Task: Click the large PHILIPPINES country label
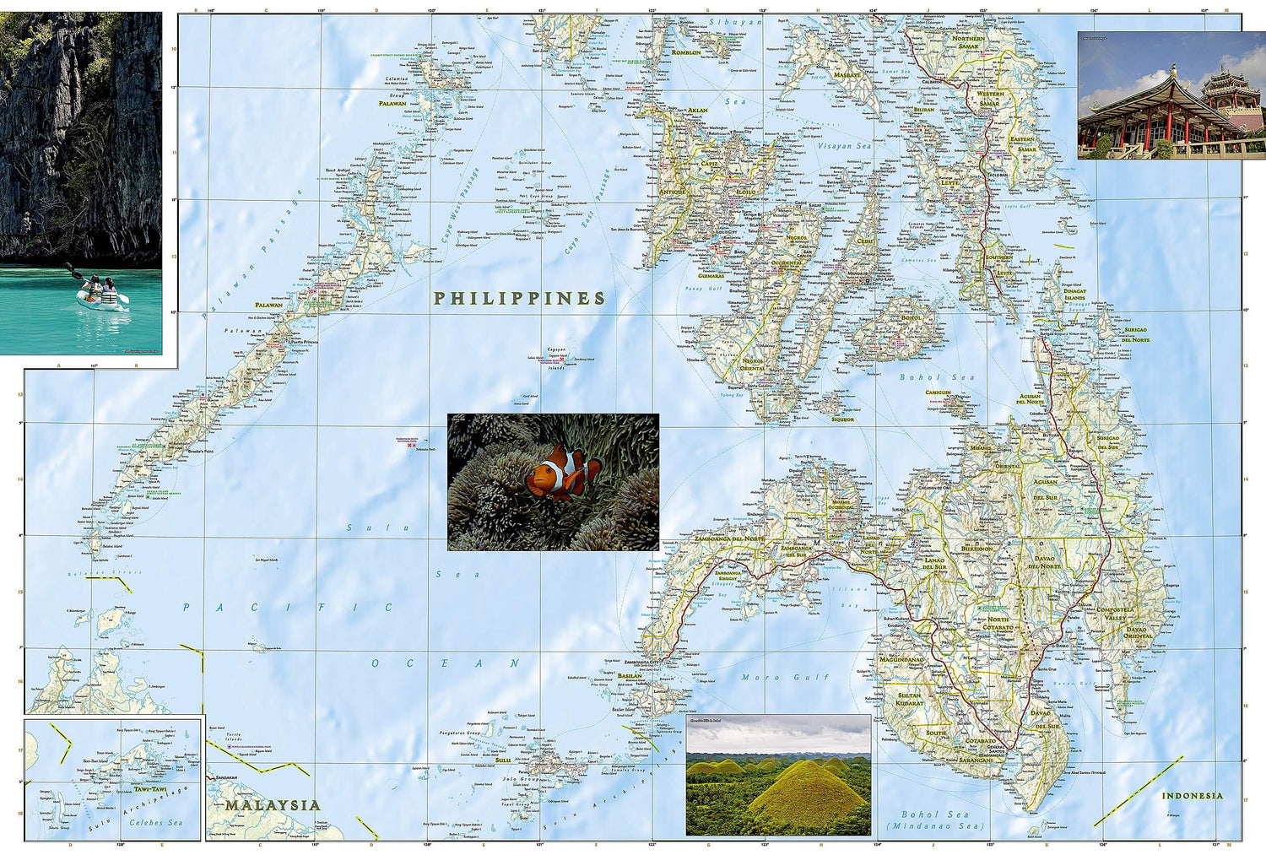coord(519,299)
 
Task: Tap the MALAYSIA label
coord(273,805)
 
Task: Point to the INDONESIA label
coord(1192,796)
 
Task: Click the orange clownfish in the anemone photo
coord(561,473)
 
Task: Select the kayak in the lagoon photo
coord(100,295)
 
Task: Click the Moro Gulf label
coord(785,677)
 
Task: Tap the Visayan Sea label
coord(843,146)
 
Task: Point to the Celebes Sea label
coord(155,822)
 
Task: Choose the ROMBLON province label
coord(686,52)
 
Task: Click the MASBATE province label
coord(847,75)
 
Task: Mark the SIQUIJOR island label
coord(842,419)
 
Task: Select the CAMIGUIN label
coord(938,392)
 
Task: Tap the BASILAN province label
coord(630,676)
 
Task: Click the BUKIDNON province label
coord(977,549)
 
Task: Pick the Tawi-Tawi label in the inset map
coord(150,789)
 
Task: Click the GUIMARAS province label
coord(711,276)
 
